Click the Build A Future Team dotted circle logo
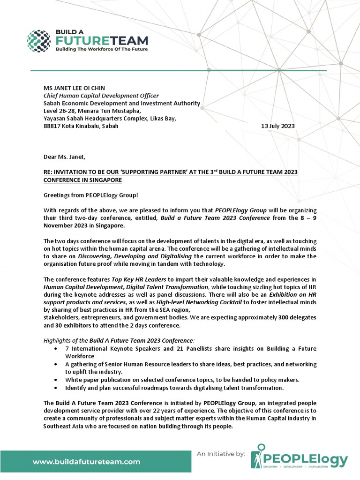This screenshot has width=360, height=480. pyautogui.click(x=38, y=41)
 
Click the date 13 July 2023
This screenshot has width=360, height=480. pyautogui.click(x=277, y=126)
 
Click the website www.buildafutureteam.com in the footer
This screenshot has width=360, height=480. pyautogui.click(x=86, y=461)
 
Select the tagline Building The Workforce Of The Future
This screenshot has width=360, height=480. pyautogui.click(x=102, y=49)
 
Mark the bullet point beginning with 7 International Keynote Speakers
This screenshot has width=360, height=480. pyautogui.click(x=190, y=349)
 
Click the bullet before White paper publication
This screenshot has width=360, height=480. pyautogui.click(x=56, y=379)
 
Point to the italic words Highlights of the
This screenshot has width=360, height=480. pyautogui.click(x=63, y=340)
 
